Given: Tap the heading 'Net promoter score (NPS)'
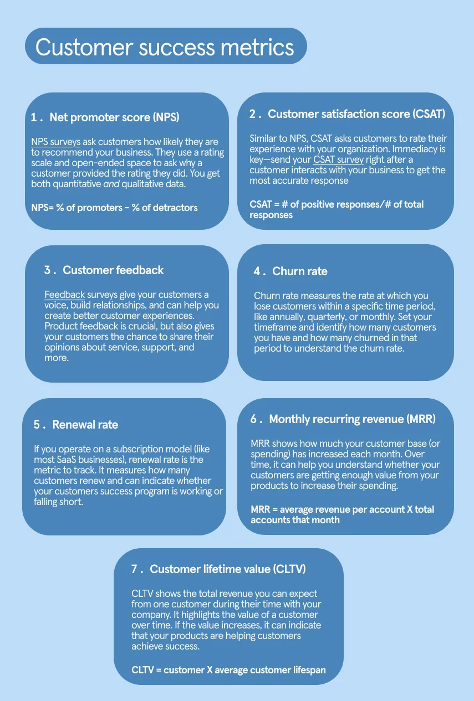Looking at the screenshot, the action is coord(114,117).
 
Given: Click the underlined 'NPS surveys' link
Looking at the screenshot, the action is coord(56,142).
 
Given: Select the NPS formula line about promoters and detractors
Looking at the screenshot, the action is coord(114,208).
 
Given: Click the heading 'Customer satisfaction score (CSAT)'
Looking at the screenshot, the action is coord(356,114).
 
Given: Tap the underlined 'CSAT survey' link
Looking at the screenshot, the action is coord(338,159).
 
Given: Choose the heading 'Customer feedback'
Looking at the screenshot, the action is coord(113,270).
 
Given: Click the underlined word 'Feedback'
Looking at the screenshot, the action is coord(64,295).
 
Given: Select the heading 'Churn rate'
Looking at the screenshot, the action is coord(300,271).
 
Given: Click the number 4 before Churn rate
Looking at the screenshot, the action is coord(257,271).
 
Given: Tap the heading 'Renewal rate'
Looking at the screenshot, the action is coord(85,425).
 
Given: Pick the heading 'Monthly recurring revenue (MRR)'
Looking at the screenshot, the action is coord(352,419).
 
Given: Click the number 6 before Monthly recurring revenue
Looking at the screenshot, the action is coord(253,419).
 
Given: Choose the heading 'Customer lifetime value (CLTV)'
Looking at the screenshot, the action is coord(228,569).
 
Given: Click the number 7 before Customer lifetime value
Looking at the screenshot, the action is coord(134,569).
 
